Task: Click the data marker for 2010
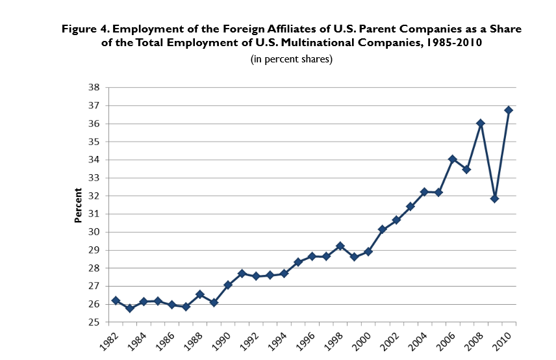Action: (509, 110)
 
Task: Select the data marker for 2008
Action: (481, 123)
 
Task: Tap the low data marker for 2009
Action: (495, 199)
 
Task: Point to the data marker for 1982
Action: (116, 300)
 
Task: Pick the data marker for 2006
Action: (453, 159)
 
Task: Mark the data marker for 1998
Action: (340, 246)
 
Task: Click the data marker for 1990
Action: (228, 285)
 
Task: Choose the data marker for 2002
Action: (396, 220)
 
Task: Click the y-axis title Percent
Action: (78, 205)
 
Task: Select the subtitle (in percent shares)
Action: (292, 59)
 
